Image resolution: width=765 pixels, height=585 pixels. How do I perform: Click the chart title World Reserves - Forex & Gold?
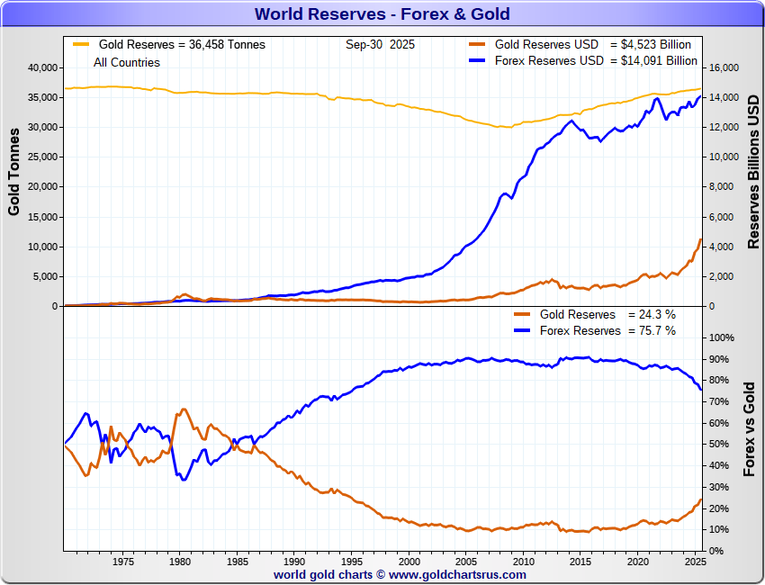pos(382,13)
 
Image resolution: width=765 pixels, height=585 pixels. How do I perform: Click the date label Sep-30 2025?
pos(380,44)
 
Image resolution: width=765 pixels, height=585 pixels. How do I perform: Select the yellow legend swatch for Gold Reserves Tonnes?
pos(81,44)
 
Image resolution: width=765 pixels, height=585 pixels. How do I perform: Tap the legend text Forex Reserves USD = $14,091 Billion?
pos(596,61)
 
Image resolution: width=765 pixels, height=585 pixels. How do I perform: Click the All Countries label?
pos(127,63)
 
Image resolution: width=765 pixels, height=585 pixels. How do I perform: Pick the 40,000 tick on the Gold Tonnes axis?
pos(40,67)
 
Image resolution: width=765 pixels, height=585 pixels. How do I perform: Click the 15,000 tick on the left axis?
pos(40,217)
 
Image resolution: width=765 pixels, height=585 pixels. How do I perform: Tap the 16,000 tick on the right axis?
pos(724,67)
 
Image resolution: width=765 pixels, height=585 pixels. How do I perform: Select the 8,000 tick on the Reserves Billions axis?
pos(722,187)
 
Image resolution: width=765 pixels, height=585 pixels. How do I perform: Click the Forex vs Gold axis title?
pos(750,428)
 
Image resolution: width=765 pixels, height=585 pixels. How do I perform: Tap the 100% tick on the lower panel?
pos(724,337)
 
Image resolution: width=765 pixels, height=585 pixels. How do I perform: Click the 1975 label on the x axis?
pos(123,562)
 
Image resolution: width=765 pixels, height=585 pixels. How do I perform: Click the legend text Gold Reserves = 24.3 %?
pos(607,315)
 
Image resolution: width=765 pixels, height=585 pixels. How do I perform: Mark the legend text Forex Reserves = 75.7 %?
pos(607,331)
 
